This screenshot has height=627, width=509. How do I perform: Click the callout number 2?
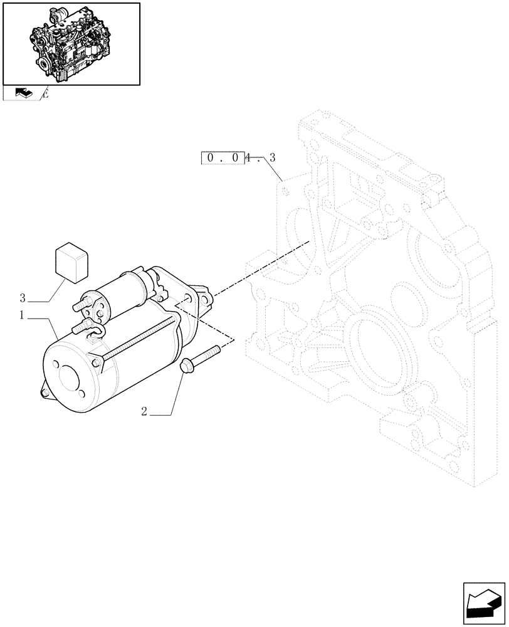pyautogui.click(x=144, y=412)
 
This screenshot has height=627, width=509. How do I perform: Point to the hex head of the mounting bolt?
pyautogui.click(x=186, y=366)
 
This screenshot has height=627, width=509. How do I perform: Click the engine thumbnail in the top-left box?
pyautogui.click(x=71, y=43)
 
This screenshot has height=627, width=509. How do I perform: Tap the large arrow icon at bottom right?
pyautogui.click(x=483, y=603)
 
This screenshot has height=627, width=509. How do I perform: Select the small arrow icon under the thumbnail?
pyautogui.click(x=22, y=93)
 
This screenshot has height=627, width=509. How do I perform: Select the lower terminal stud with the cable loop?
pyautogui.click(x=81, y=327)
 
